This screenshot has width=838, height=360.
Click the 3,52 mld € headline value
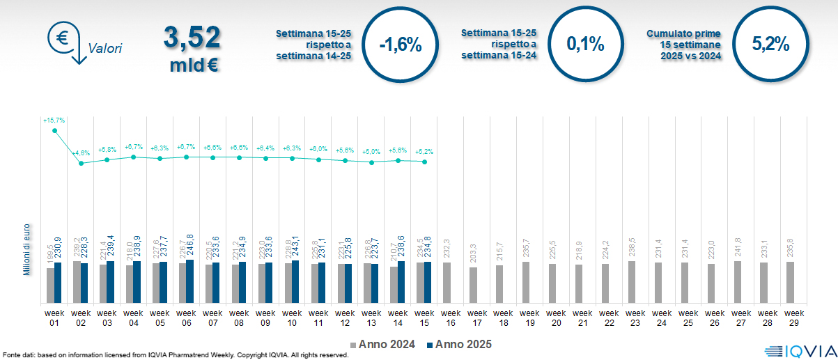click(x=192, y=49)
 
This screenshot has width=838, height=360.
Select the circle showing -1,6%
click(x=401, y=45)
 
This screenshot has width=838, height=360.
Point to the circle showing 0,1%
click(x=585, y=45)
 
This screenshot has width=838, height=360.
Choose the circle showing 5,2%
click(x=770, y=45)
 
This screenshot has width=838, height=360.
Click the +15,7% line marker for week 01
click(x=54, y=130)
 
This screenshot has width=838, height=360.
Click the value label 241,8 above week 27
click(x=737, y=250)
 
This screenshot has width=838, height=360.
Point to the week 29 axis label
click(x=790, y=317)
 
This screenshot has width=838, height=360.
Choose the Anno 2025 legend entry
click(x=460, y=345)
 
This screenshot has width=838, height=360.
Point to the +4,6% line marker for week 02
click(x=81, y=163)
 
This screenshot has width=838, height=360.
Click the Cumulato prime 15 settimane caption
click(x=683, y=45)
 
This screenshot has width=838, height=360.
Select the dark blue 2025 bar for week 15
click(x=428, y=283)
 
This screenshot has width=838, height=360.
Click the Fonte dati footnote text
click(x=174, y=355)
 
